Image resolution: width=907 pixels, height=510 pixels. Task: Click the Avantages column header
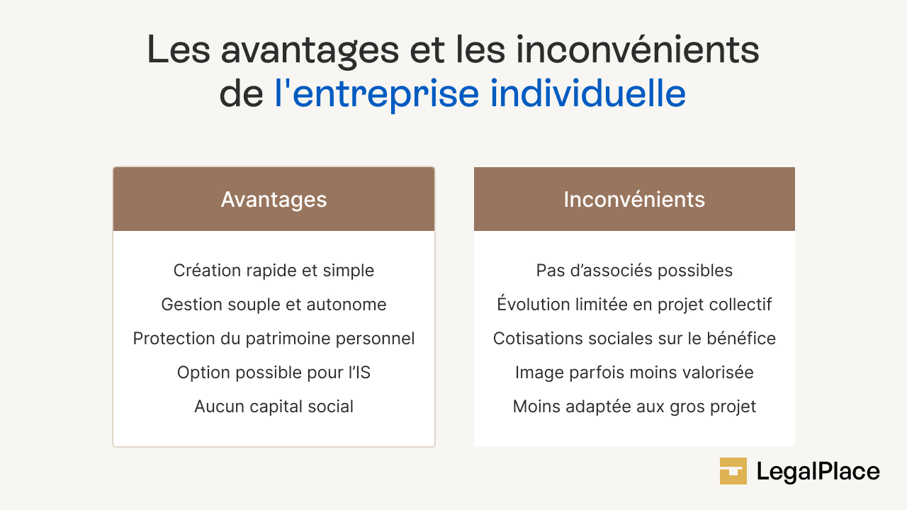(274, 200)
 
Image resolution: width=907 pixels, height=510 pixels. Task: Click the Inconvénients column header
(634, 200)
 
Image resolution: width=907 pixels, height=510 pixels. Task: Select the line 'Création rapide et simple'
(274, 271)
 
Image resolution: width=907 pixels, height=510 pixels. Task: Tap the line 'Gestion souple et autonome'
(274, 305)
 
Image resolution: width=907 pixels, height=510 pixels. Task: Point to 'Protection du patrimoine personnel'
(274, 339)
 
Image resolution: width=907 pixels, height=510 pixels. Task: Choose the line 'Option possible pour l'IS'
(274, 373)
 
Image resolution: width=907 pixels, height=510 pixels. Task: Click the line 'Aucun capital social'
(274, 407)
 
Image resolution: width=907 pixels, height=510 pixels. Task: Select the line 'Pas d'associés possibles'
(634, 271)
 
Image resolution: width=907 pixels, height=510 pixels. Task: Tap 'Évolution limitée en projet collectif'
(634, 305)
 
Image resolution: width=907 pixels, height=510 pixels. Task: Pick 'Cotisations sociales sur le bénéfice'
(634, 339)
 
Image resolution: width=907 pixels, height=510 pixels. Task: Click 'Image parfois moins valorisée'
(634, 373)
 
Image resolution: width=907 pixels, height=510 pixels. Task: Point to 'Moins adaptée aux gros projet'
(634, 407)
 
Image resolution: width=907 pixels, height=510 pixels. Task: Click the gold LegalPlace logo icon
(733, 471)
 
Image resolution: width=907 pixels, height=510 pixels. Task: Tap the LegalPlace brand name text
(818, 472)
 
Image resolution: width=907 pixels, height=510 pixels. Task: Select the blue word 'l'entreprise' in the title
(376, 95)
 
